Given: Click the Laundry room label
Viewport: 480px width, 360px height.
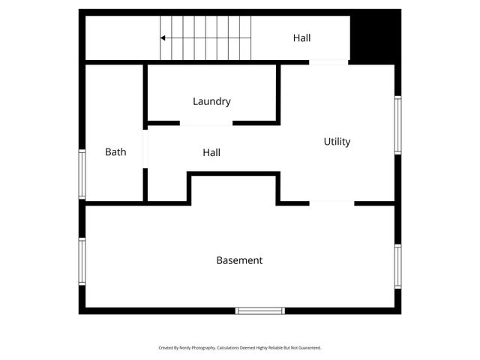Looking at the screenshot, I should tap(211, 101).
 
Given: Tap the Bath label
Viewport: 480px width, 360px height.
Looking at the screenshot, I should tap(115, 151).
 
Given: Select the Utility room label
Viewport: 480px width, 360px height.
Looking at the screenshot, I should tap(337, 141).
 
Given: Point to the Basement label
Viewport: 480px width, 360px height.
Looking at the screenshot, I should tap(239, 260).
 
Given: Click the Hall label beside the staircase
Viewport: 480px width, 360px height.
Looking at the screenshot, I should tap(301, 37).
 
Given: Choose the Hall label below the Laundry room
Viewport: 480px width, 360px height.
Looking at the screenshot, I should tap(211, 152).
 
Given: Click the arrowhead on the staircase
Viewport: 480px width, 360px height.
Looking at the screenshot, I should tap(163, 37).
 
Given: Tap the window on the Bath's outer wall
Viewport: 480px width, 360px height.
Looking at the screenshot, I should tap(82, 173).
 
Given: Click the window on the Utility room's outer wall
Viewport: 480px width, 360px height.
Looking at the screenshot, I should tap(397, 124).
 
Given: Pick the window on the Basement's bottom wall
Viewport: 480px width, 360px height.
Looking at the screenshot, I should tap(260, 310).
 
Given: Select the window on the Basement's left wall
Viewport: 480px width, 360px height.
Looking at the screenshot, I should tap(82, 261).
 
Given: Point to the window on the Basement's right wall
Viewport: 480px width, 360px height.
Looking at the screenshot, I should tap(397, 266).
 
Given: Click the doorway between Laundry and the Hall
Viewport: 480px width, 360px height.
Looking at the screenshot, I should tap(205, 123).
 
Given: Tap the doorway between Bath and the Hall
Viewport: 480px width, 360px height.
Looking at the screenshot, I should tap(145, 147).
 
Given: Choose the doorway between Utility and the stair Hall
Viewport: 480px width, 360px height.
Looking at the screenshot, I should tap(328, 62).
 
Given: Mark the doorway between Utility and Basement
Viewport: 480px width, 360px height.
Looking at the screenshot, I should tap(331, 202).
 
